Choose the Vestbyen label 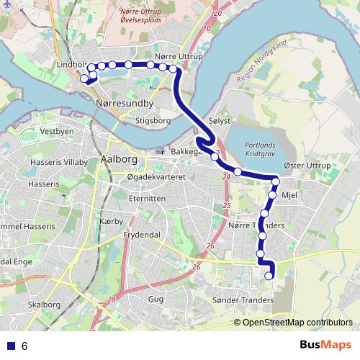tap(57, 132)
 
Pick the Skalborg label tap(44, 305)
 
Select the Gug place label tap(156, 298)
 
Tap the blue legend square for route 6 tap(9, 346)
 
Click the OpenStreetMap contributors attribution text tap(297, 322)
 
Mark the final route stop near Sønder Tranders tap(270, 275)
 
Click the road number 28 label tap(109, 300)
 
